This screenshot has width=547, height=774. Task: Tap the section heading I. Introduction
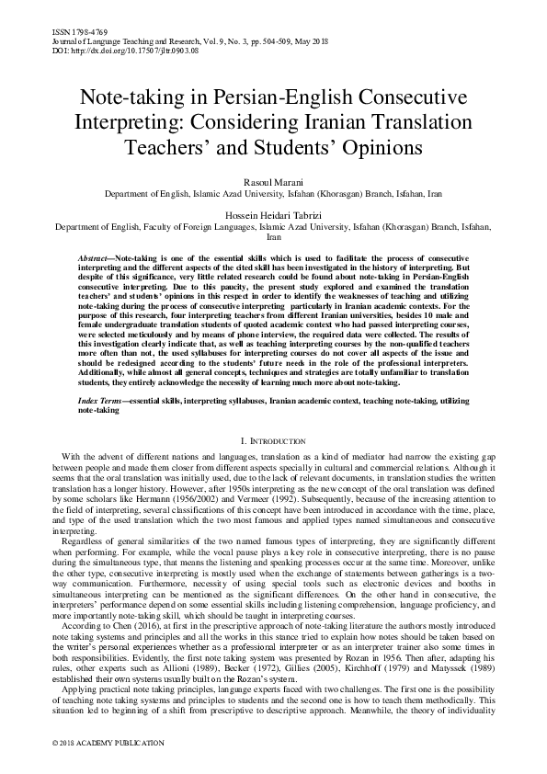point(273,441)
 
